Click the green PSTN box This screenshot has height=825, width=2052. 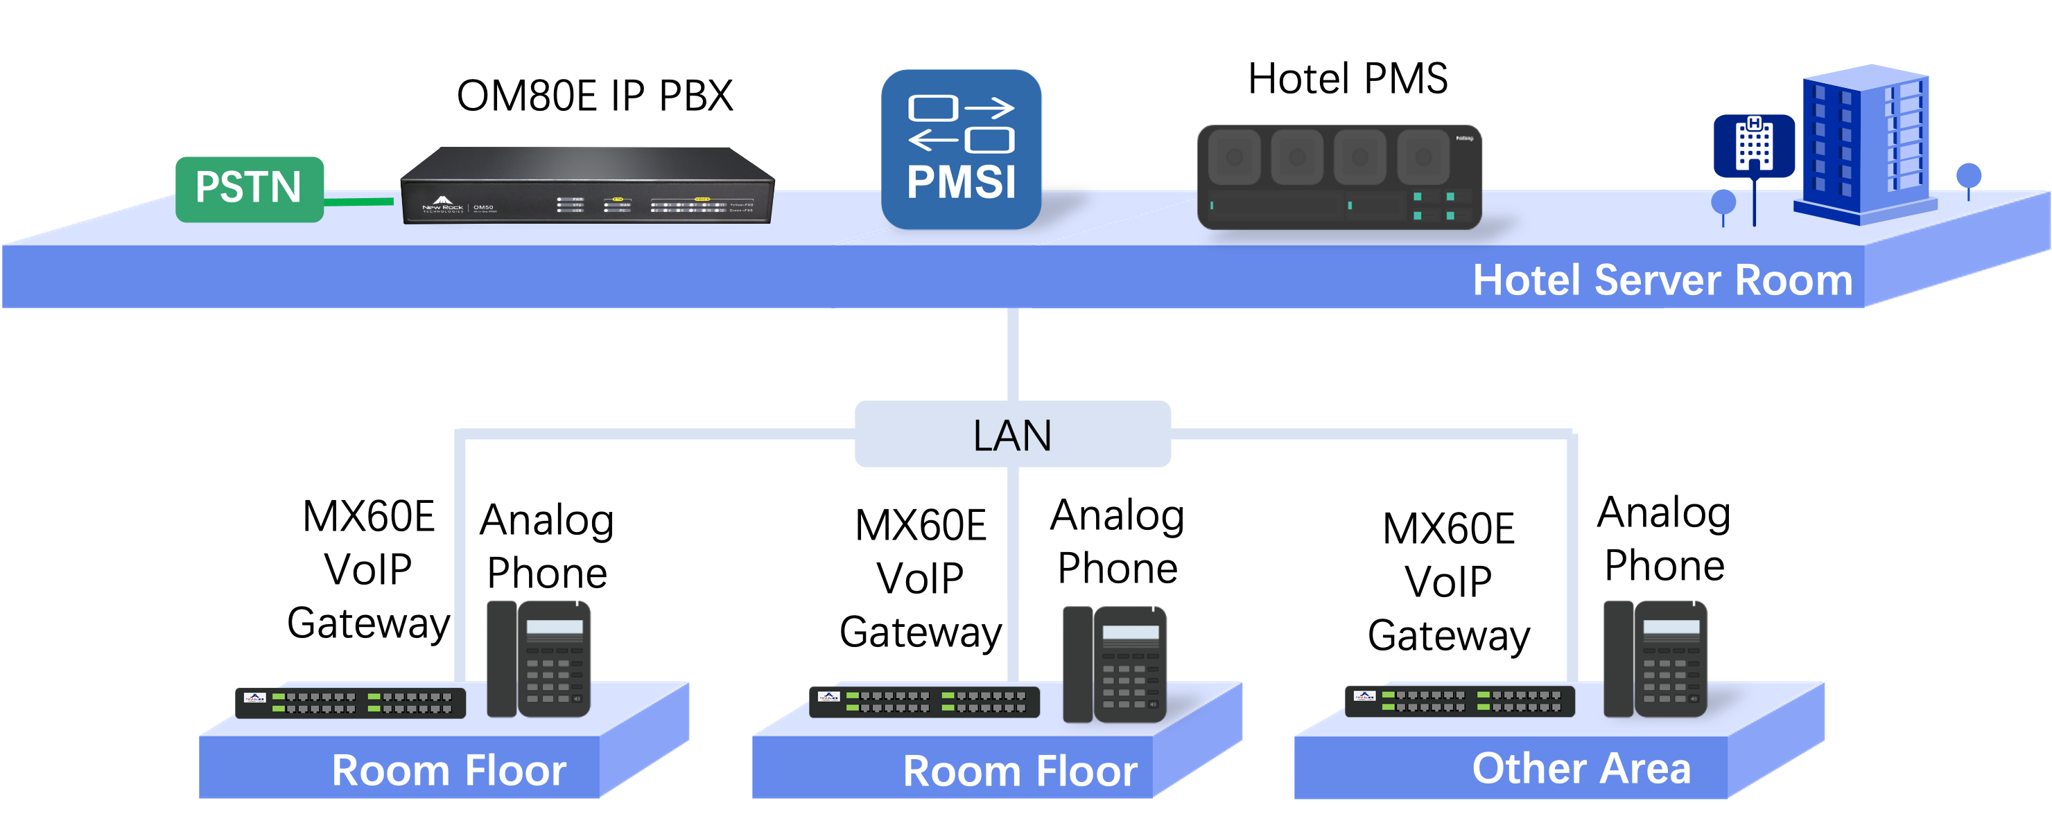250,188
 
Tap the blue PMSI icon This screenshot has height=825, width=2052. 962,150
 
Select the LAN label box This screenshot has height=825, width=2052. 1012,434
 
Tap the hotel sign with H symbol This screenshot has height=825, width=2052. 1754,145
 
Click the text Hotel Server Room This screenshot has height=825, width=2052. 1662,281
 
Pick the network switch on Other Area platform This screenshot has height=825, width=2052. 1460,701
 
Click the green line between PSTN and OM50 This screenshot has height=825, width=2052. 358,202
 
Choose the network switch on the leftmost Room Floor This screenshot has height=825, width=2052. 351,702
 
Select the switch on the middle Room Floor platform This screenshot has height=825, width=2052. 924,702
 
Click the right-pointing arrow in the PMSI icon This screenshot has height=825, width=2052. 989,107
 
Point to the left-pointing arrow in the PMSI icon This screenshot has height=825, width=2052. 934,141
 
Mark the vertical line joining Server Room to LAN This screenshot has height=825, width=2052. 1012,355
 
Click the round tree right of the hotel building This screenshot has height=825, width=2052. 1968,177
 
